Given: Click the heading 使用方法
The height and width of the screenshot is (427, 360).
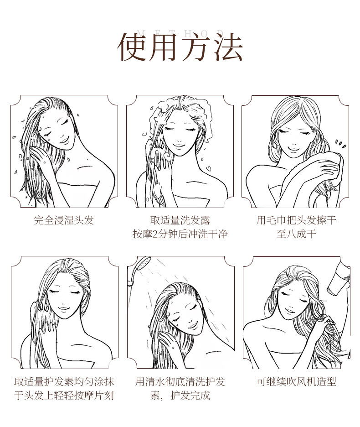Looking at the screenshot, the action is click(180, 47).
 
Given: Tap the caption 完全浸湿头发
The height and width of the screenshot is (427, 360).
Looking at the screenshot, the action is click(64, 220).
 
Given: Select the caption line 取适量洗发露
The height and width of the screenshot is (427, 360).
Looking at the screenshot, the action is click(180, 220).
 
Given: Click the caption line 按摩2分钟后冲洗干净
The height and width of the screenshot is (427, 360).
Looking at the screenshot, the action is click(180, 234).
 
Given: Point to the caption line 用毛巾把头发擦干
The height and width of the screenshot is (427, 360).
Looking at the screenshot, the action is click(296, 220).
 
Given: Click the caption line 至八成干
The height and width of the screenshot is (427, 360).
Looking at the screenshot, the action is click(296, 234).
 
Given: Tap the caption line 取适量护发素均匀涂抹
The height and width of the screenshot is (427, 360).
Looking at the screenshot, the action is click(64, 381).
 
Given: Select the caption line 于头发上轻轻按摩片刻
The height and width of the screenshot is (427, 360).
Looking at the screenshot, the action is click(64, 395).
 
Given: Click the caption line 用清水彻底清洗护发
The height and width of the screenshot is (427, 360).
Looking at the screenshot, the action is click(180, 381).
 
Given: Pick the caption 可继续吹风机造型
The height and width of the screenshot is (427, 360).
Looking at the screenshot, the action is click(296, 381).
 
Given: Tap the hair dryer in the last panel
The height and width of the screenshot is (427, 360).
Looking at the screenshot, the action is click(339, 278).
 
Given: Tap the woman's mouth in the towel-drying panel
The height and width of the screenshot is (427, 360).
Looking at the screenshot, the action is click(293, 149).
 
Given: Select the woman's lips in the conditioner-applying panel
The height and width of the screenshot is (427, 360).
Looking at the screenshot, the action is click(64, 309).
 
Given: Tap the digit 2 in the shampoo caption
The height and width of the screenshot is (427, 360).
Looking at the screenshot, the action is click(155, 234).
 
